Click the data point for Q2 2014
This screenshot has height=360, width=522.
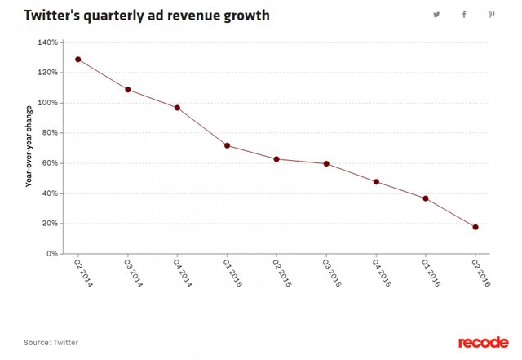click(x=78, y=60)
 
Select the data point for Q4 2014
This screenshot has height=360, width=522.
click(x=177, y=108)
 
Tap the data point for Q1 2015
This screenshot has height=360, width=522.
click(x=227, y=145)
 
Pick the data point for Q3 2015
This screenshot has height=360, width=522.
click(x=326, y=163)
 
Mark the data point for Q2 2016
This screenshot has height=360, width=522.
click(x=476, y=227)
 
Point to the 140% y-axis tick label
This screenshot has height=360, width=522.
click(x=47, y=42)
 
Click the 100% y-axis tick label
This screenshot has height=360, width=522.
click(x=47, y=103)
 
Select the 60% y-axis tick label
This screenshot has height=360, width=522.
click(x=50, y=163)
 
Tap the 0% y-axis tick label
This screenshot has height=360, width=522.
click(x=52, y=254)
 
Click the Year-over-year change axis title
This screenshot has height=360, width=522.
click(x=29, y=148)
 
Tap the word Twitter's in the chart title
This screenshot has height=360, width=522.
click(x=54, y=16)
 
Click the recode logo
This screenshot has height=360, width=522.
click(x=482, y=342)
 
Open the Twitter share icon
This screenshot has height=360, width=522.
click(x=436, y=15)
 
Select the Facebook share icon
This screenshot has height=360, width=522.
click(x=464, y=15)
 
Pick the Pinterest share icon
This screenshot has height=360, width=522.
click(x=492, y=15)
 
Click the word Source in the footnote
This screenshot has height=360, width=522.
click(x=37, y=342)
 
